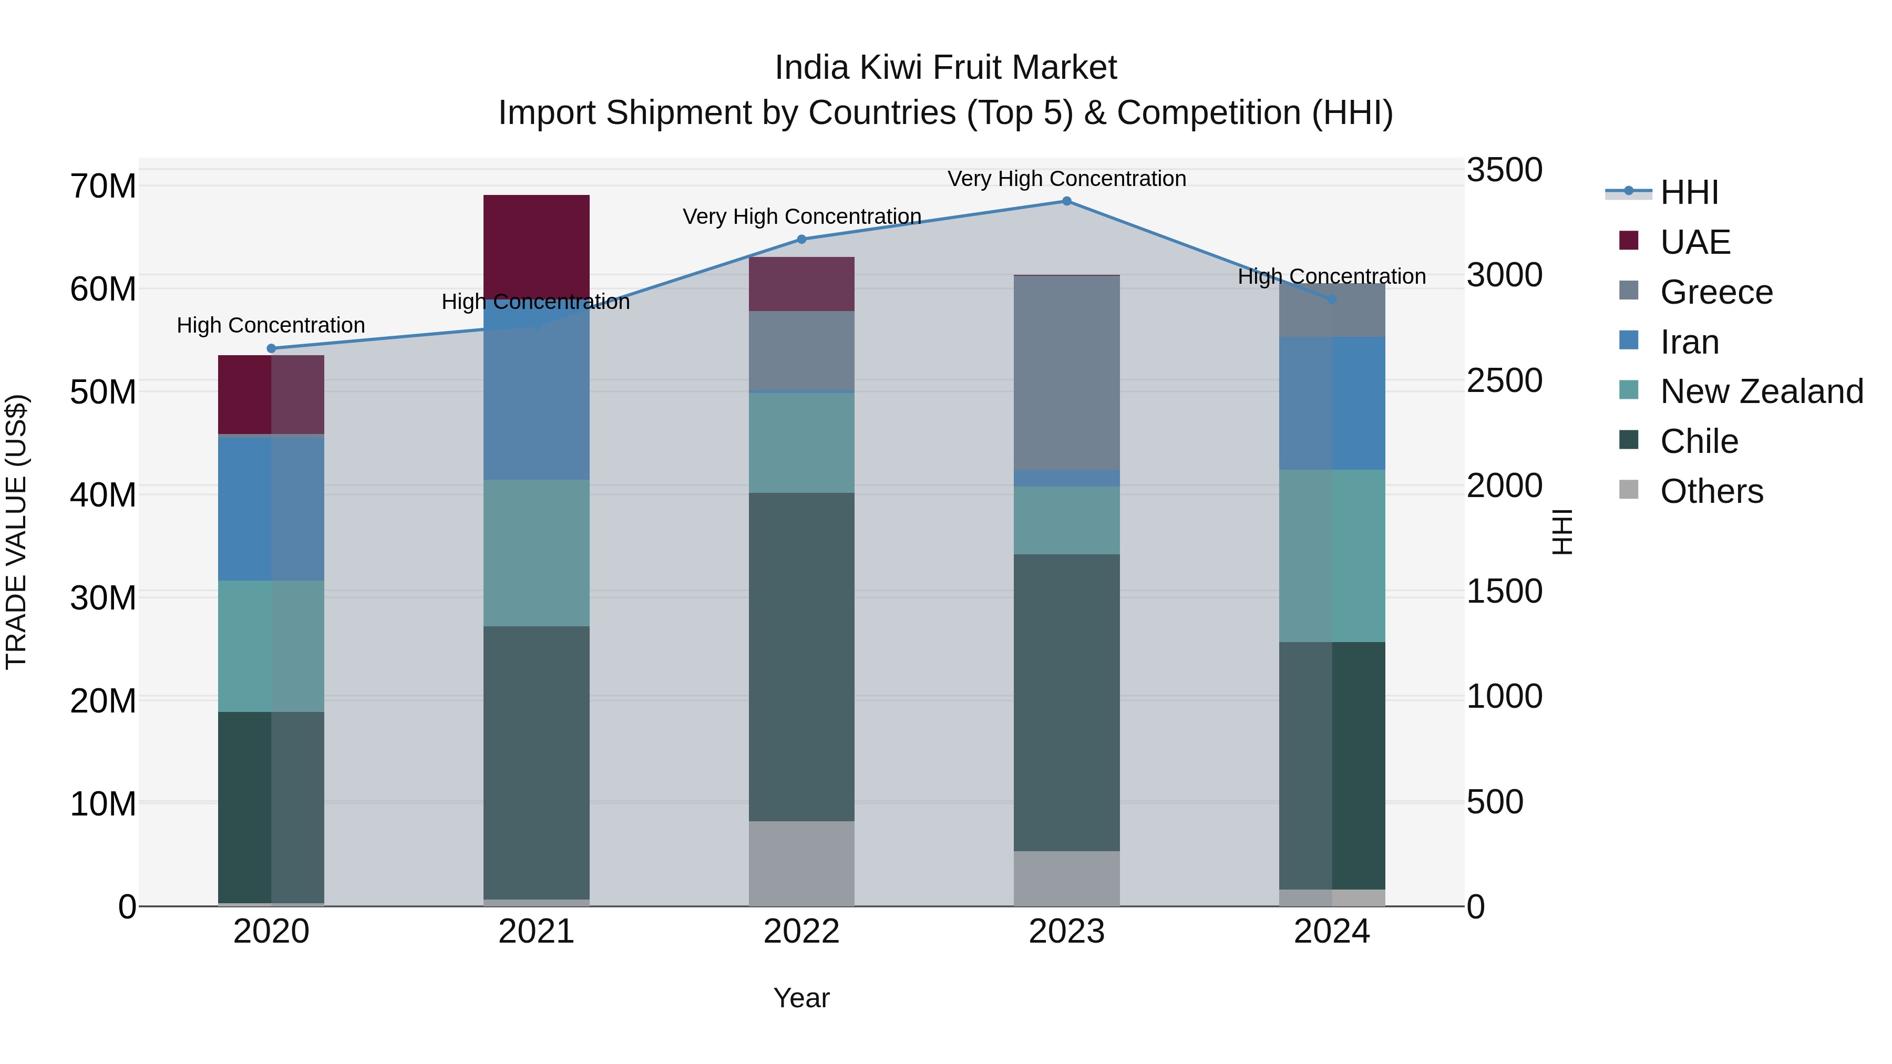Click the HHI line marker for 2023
click(x=1066, y=201)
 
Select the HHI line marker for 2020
click(x=271, y=349)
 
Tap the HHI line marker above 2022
click(x=801, y=240)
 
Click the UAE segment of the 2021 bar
click(x=536, y=246)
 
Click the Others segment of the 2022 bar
click(x=801, y=863)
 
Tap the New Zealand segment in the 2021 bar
click(x=536, y=553)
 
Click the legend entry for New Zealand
click(x=1761, y=392)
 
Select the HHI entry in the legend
click(x=1689, y=192)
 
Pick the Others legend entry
click(x=1711, y=491)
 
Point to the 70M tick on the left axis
click(x=103, y=187)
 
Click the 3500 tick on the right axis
click(x=1504, y=170)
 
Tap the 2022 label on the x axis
click(x=801, y=932)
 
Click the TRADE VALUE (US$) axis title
click(x=17, y=532)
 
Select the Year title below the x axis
click(x=801, y=998)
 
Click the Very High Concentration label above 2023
click(x=1066, y=179)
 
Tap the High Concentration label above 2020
click(x=271, y=325)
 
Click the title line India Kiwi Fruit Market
click(x=945, y=68)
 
